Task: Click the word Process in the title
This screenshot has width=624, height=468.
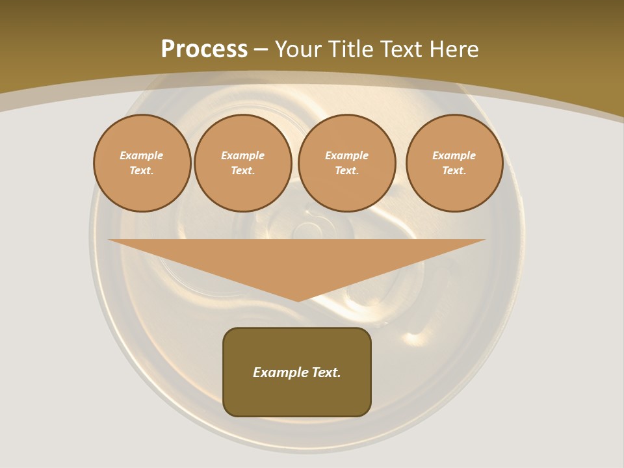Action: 204,49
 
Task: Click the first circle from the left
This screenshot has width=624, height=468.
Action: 142,162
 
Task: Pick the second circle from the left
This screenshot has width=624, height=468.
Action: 243,162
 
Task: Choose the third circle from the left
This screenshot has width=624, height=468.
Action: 347,162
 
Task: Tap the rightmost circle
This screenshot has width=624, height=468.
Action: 454,162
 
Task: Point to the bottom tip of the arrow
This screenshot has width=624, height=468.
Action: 298,300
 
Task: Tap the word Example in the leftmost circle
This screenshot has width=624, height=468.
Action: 142,155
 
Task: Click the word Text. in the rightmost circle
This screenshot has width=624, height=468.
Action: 454,170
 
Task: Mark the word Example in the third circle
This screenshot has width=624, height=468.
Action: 347,155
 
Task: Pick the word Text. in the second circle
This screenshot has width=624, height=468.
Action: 243,170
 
